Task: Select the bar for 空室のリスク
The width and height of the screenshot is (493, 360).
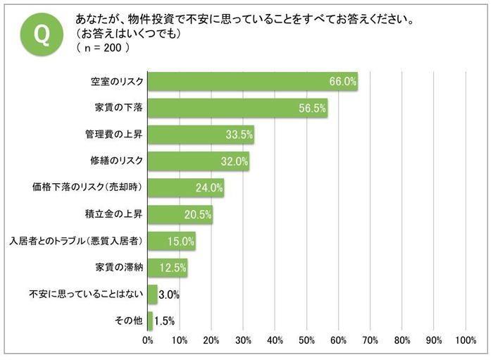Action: click(x=253, y=82)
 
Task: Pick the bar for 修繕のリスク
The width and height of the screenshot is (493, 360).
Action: click(x=199, y=161)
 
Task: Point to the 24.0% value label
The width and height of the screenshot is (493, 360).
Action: click(x=209, y=188)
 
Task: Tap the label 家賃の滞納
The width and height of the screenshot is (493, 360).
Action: click(x=119, y=268)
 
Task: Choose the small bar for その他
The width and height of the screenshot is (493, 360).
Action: click(x=150, y=321)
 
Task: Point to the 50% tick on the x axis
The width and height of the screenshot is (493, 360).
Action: click(x=307, y=341)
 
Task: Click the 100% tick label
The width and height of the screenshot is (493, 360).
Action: click(x=466, y=341)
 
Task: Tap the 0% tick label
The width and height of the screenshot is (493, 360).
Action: click(x=148, y=341)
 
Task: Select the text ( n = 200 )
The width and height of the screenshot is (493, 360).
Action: click(x=103, y=48)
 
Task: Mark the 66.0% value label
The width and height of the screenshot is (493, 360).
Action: click(x=343, y=82)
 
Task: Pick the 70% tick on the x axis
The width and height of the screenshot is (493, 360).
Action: click(x=370, y=341)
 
